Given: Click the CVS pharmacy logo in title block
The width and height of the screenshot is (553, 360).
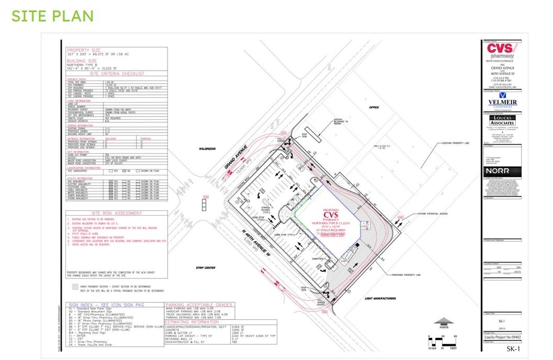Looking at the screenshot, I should pyautogui.click(x=501, y=51).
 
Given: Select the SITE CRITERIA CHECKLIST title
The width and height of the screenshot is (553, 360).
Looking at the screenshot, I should pyautogui.click(x=117, y=74).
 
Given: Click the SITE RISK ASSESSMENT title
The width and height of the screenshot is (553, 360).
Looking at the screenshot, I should pyautogui.click(x=116, y=213).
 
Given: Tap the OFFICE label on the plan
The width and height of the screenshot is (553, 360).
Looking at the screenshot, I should pyautogui.click(x=374, y=107).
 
